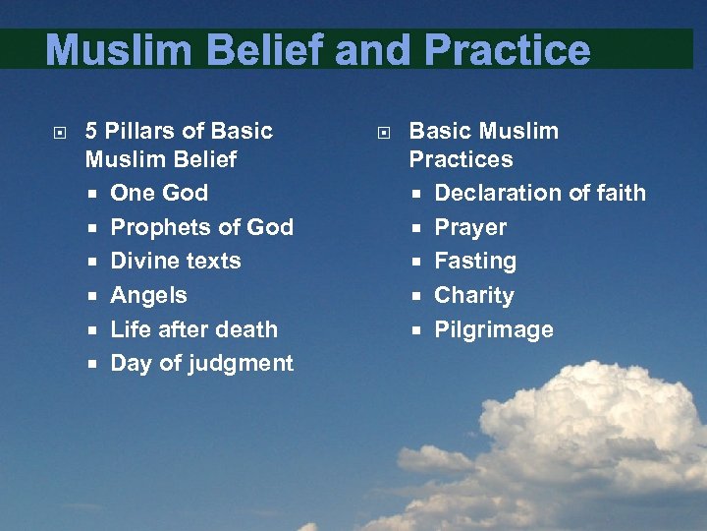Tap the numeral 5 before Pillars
click(x=91, y=131)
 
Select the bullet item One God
click(x=159, y=193)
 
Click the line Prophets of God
click(x=201, y=227)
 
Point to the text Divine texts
click(x=175, y=261)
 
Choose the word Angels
click(x=148, y=295)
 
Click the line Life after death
click(x=193, y=329)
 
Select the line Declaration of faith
click(x=540, y=193)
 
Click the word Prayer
click(x=470, y=227)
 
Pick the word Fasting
click(x=475, y=261)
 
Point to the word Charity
click(x=474, y=295)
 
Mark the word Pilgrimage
click(x=494, y=329)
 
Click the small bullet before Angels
click(x=92, y=296)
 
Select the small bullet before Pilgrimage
click(x=416, y=330)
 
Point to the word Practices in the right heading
click(x=461, y=159)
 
